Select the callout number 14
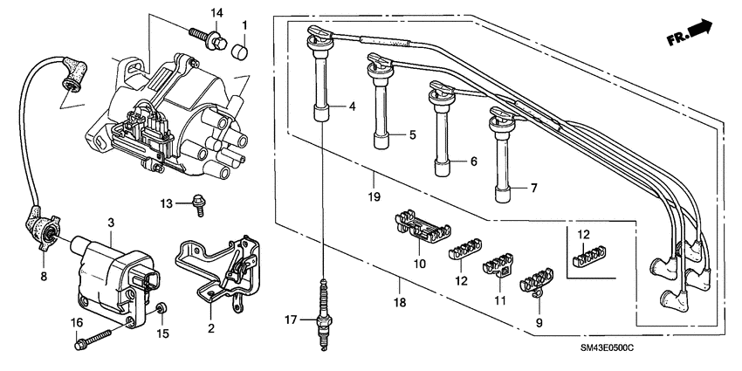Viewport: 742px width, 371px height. (217, 11)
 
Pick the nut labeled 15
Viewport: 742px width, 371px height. (162, 310)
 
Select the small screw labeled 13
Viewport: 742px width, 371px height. (200, 204)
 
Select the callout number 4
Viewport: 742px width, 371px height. (352, 106)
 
